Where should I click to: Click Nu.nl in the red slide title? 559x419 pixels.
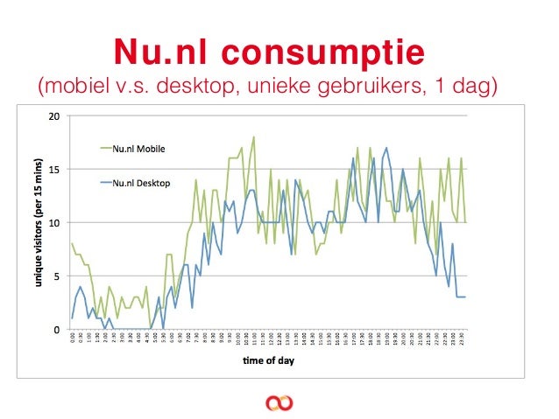(x=164, y=52)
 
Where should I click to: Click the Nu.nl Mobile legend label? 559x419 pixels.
(x=138, y=149)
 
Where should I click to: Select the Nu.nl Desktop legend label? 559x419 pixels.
(x=140, y=183)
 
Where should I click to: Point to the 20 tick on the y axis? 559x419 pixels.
(x=54, y=115)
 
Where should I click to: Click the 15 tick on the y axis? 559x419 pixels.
(x=54, y=169)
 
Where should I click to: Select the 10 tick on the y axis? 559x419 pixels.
(x=54, y=222)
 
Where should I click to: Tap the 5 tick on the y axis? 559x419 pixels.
(x=56, y=276)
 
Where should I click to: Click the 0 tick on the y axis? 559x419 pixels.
(x=56, y=330)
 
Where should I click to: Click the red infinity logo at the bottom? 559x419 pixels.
(x=279, y=402)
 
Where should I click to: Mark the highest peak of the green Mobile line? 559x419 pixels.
(x=253, y=137)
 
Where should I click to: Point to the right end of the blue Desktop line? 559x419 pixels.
(x=464, y=297)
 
